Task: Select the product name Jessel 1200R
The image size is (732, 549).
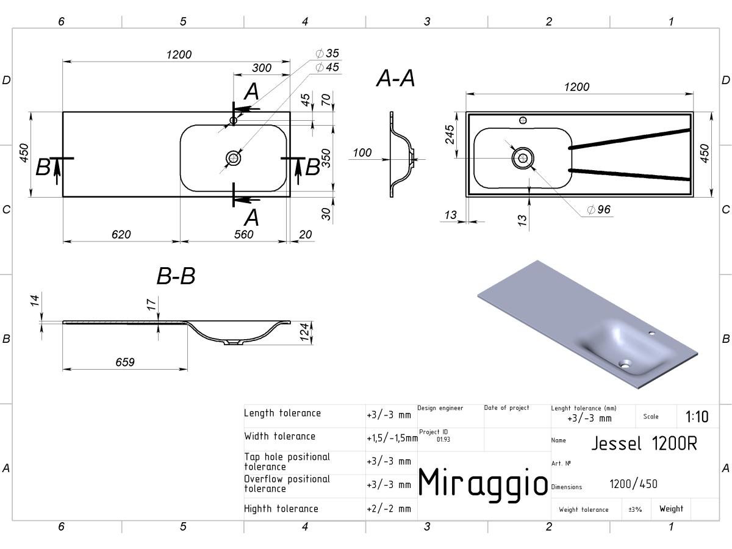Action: point(644,443)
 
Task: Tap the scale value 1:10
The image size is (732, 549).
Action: point(697,417)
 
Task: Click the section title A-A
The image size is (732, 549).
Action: point(395,79)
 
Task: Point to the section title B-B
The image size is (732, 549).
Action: point(176,276)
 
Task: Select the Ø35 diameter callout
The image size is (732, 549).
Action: point(327,53)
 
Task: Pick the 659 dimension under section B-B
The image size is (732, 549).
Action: point(125,362)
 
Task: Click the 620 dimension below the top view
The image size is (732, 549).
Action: point(121,234)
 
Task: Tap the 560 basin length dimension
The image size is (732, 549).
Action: point(244,234)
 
